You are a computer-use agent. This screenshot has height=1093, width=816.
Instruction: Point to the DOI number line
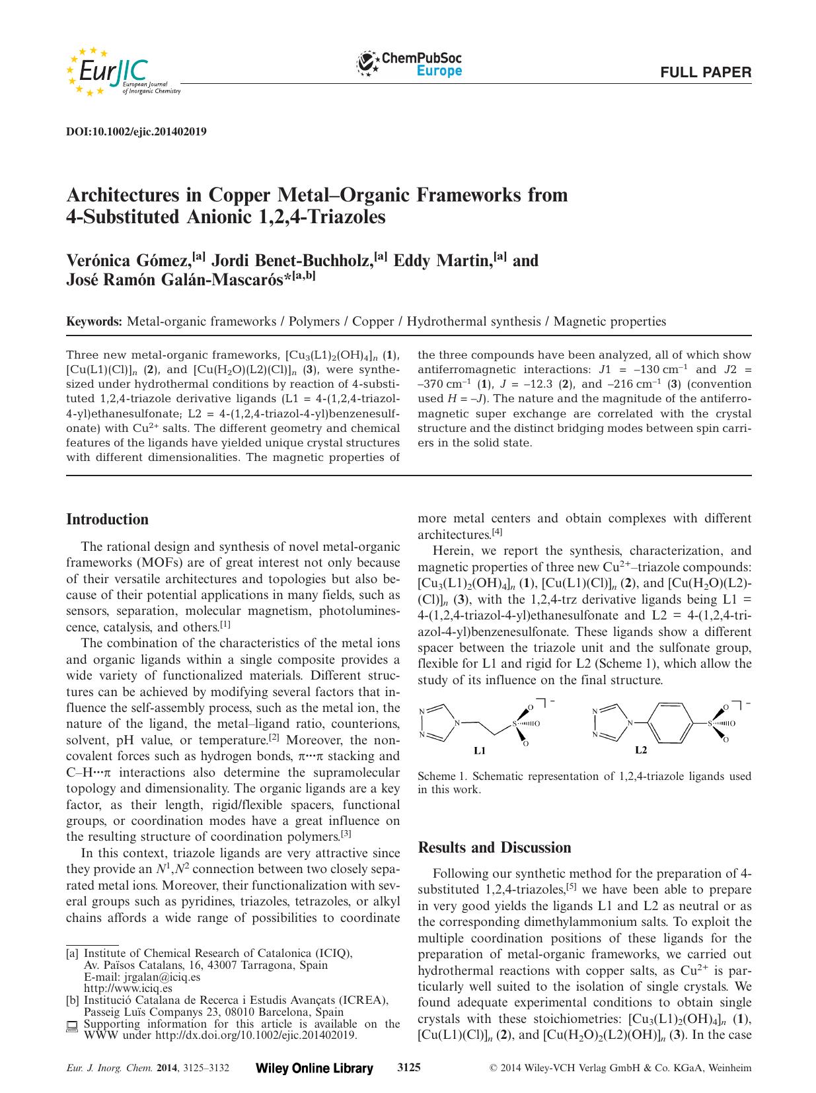pos(137,131)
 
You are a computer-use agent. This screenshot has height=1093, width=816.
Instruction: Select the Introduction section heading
pos(108,519)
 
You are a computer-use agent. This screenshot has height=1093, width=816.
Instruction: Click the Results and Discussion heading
pos(495,847)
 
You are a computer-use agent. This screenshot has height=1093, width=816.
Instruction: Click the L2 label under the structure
pos(640,750)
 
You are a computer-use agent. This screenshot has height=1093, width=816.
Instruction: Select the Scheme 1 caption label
pos(443,777)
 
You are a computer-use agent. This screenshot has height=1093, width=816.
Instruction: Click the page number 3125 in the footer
pos(408,1067)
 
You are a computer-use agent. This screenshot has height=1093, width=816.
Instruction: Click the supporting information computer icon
pos(72,1026)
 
